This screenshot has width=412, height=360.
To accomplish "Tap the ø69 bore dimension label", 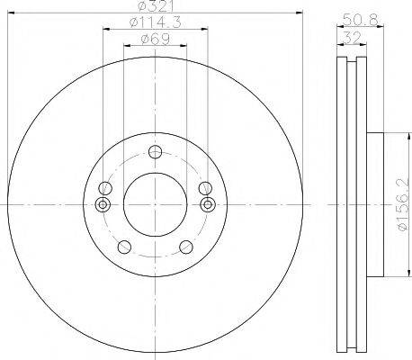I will pyautogui.click(x=154, y=40).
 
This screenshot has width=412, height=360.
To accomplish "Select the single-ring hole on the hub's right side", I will pyautogui.click(x=202, y=189).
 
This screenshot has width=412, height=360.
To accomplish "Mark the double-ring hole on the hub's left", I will pyautogui.click(x=103, y=205).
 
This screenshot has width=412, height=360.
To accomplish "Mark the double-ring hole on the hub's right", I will pyautogui.click(x=207, y=205).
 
